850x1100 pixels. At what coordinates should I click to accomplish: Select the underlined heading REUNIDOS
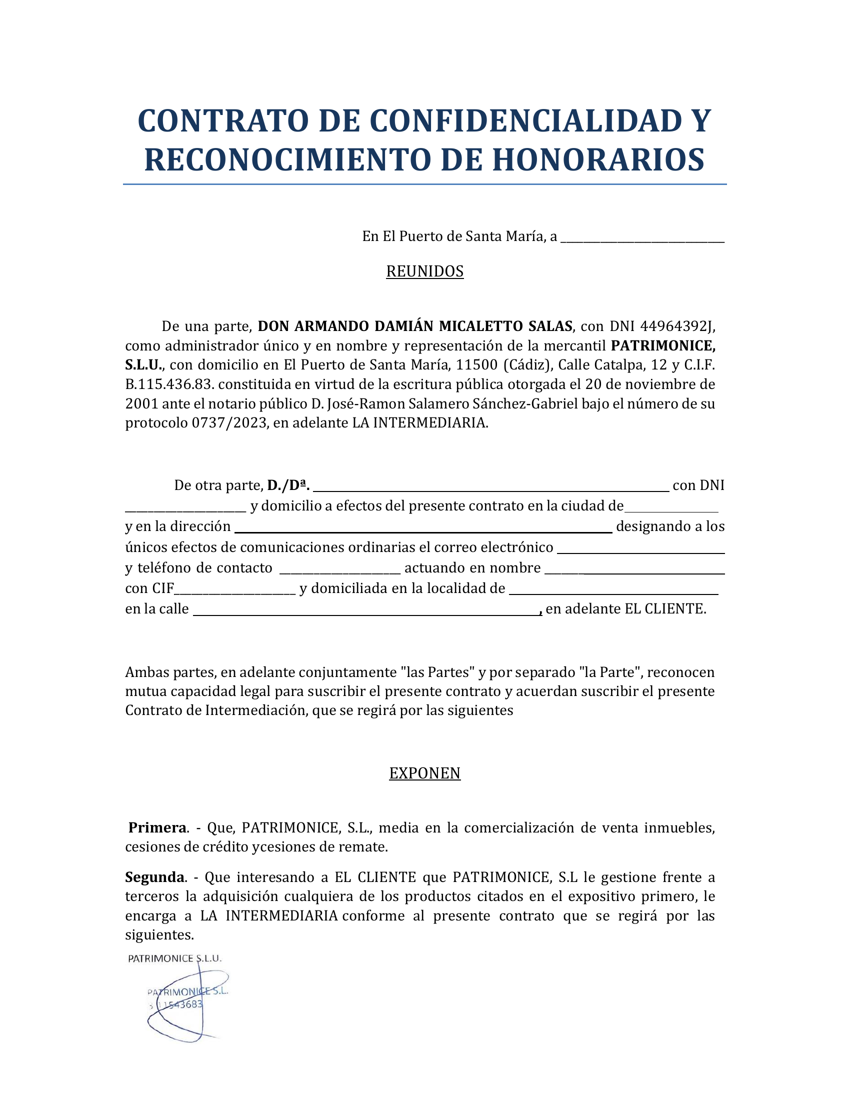[x=424, y=271]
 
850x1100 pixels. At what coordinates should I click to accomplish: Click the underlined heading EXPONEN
[x=424, y=773]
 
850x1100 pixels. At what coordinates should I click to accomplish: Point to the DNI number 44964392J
[x=677, y=326]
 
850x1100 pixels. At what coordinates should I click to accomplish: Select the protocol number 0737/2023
[x=229, y=422]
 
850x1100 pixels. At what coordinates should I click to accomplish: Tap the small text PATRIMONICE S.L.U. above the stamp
[x=174, y=958]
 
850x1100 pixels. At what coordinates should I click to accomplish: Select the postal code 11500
[x=477, y=364]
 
